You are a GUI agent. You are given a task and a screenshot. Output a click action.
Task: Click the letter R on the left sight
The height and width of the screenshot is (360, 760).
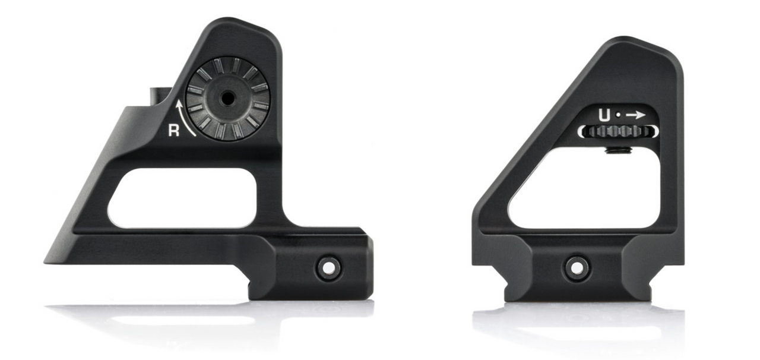coord(173,131)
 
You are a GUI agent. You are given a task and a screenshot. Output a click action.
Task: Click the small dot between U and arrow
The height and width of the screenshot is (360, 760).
coord(617,115)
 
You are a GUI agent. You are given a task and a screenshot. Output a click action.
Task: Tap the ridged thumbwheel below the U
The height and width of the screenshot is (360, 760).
coord(617,132)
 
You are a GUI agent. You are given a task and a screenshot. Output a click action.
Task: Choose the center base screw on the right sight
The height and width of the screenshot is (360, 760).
coord(576,267)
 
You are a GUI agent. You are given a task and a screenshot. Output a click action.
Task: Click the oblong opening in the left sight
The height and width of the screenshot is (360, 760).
coord(182,198)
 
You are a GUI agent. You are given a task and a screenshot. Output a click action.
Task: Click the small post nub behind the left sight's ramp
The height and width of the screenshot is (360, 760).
coord(157,95)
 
